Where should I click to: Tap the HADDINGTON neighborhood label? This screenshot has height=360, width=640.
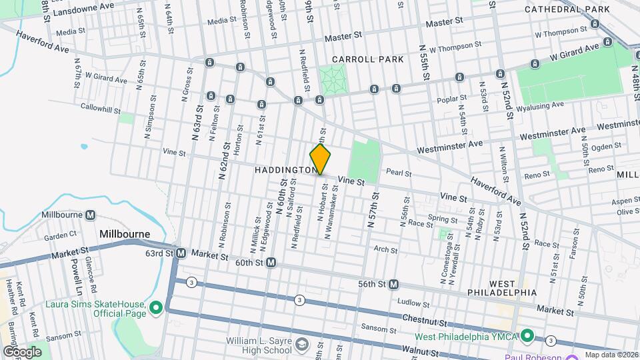[x=285, y=171]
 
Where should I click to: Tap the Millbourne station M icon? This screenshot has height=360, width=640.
[x=91, y=215]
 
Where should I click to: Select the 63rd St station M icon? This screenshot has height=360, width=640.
[x=180, y=253]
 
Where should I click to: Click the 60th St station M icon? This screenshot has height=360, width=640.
[x=271, y=263]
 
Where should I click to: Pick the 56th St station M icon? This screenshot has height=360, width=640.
[x=393, y=284]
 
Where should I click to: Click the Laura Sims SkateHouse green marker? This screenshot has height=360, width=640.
[x=156, y=307]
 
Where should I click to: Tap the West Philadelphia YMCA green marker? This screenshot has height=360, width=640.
[x=527, y=335]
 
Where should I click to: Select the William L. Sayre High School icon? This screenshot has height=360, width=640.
[x=302, y=345]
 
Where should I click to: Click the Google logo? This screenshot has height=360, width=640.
[x=21, y=351]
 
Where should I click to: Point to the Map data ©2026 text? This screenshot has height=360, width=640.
[x=611, y=355]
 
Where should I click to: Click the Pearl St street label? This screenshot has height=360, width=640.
[x=399, y=173]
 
